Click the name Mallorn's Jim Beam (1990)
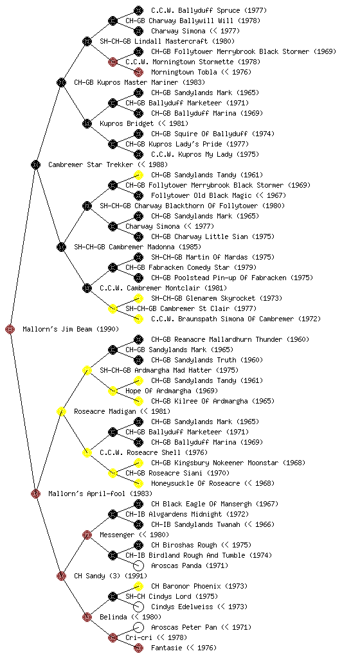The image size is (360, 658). (71, 330)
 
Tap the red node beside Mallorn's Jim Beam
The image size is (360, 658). (10, 330)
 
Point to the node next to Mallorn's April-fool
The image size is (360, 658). (35, 494)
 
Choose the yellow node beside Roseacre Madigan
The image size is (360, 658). (61, 412)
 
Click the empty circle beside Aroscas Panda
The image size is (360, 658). (138, 565)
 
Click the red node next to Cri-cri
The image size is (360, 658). (113, 638)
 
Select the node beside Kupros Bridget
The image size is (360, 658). (87, 124)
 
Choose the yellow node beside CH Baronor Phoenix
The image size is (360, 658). (138, 586)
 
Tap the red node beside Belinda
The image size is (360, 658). (87, 618)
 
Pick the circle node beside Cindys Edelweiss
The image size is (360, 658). (138, 607)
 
